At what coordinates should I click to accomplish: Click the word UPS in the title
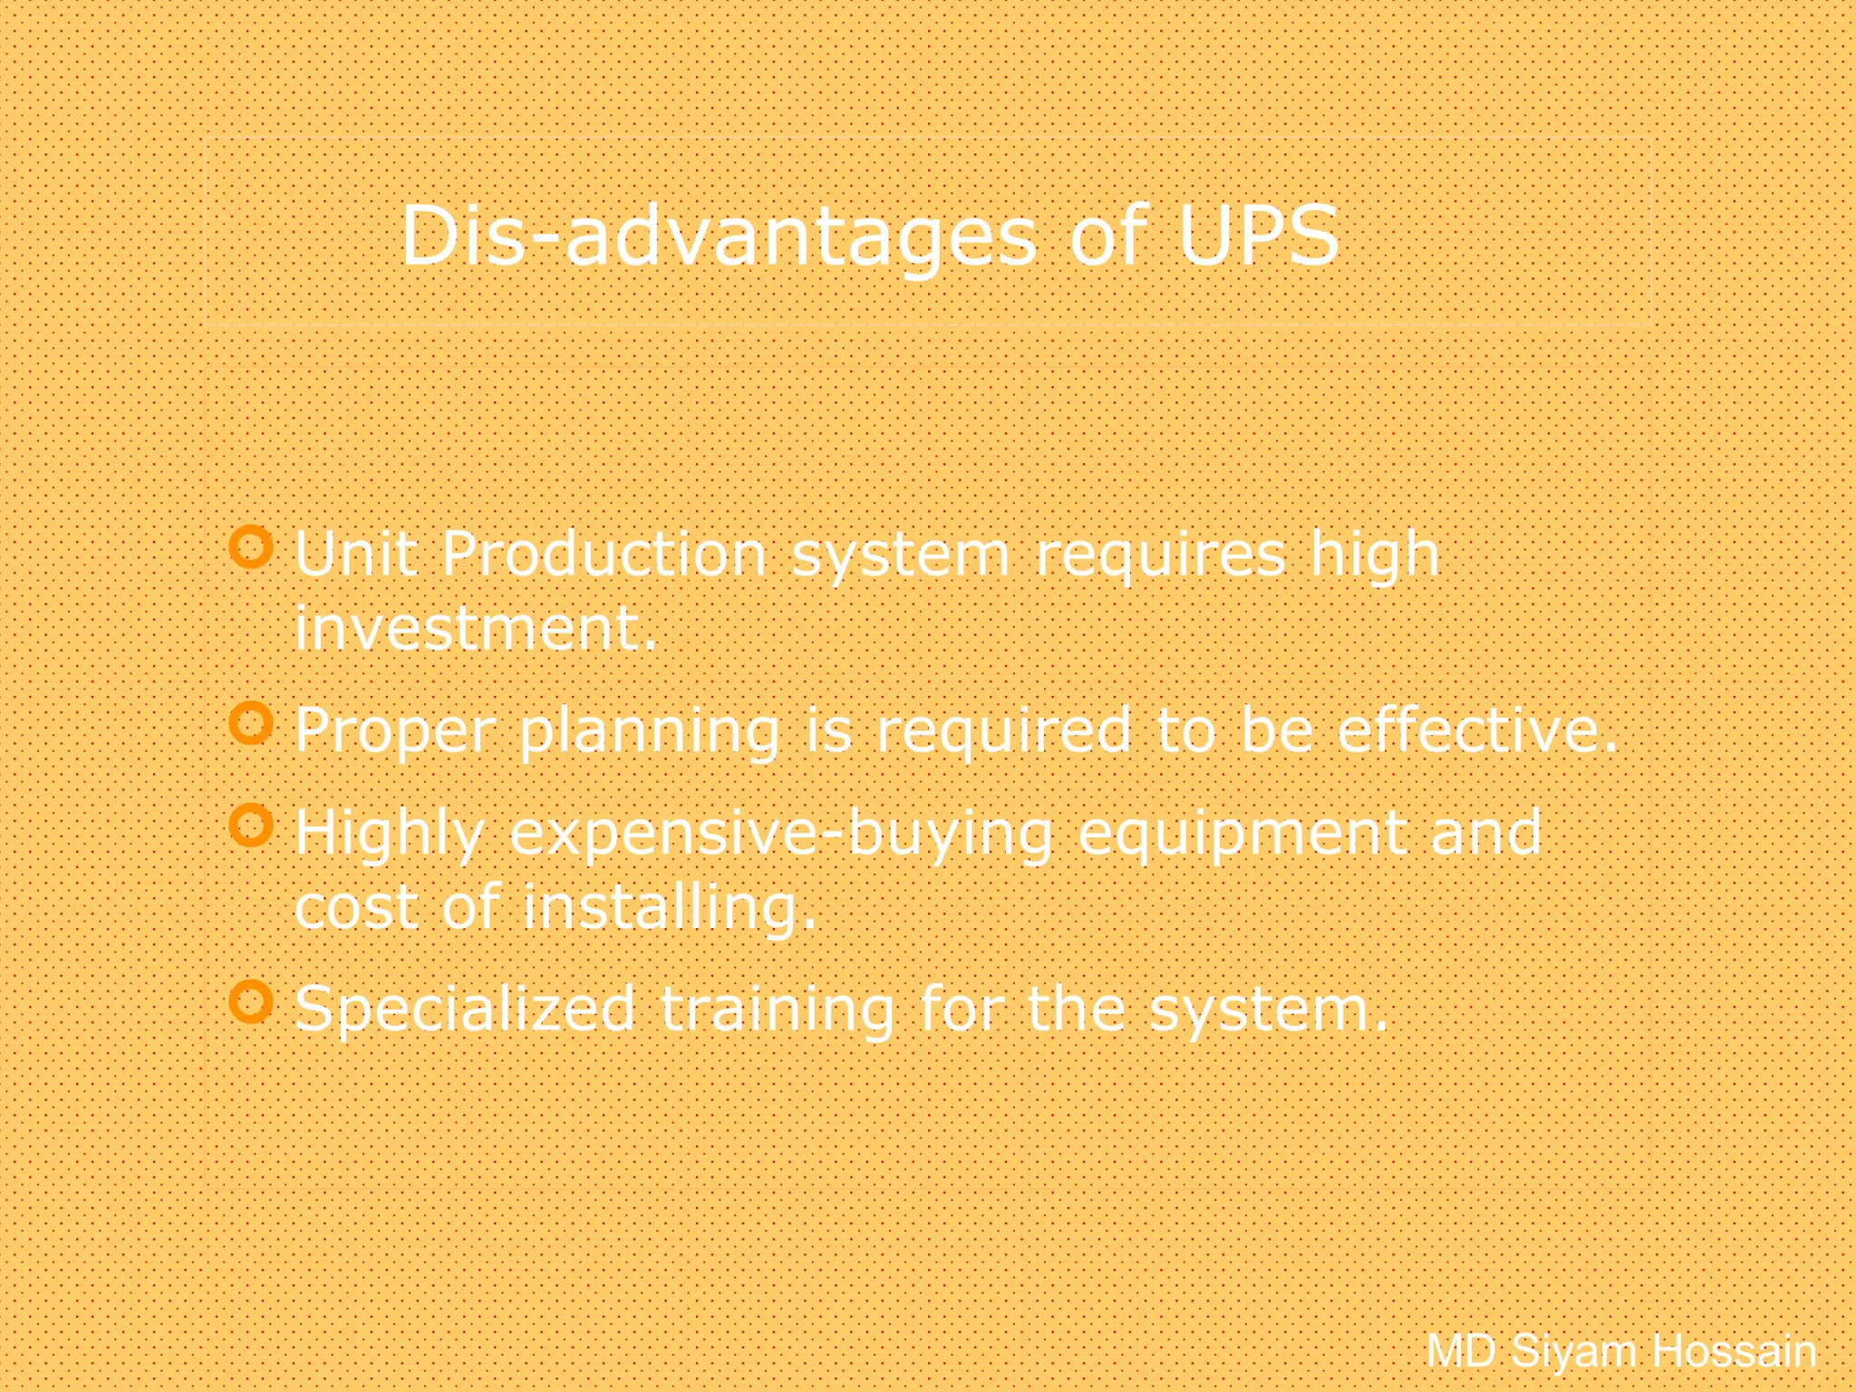1258,236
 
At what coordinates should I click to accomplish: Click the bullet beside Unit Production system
251,547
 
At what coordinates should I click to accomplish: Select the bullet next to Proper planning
251,723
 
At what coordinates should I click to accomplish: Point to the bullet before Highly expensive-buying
251,825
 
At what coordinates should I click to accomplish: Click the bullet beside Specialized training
251,1001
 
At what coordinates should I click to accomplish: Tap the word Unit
355,554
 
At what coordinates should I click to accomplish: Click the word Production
604,554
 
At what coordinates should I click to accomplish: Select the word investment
475,628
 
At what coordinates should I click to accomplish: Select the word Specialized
465,1010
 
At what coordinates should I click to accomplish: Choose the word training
777,1010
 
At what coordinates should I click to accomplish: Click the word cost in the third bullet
356,907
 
